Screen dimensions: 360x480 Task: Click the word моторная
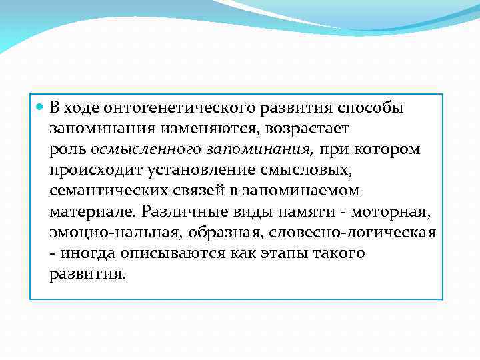(393, 212)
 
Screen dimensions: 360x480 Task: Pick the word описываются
(182, 253)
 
